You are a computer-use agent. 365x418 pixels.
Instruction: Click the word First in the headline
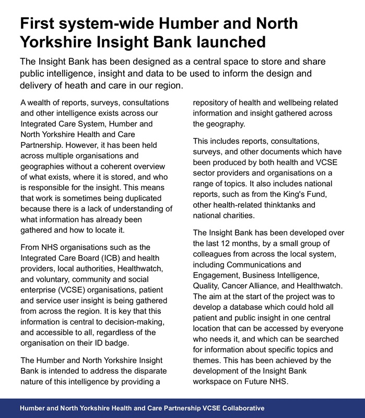pyautogui.click(x=41, y=24)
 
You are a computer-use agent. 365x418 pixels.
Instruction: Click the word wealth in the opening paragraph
pyautogui.click(x=43, y=102)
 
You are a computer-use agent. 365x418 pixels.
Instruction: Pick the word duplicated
pyautogui.click(x=146, y=198)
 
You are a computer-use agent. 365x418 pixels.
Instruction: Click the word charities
pyautogui.click(x=249, y=216)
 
